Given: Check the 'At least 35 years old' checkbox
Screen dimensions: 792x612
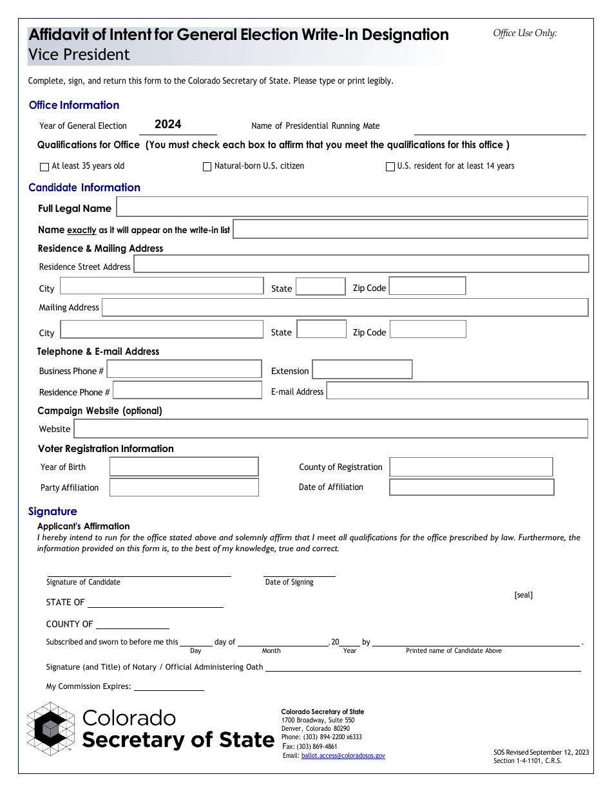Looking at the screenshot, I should [44, 167].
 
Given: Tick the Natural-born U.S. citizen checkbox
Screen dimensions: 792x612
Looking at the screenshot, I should [207, 167].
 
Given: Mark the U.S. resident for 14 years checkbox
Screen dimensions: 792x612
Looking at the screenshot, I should [390, 167].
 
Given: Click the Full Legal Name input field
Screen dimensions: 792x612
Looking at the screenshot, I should [352, 207].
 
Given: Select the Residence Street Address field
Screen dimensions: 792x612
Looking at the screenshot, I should [361, 264].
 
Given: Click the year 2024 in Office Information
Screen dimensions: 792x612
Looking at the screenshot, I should [167, 124].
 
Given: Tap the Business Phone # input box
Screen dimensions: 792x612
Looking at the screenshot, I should [184, 369].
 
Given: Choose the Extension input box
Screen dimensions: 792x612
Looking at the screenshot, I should [362, 370].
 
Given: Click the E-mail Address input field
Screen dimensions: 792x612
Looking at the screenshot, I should [457, 390].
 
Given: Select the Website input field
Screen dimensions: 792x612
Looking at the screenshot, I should [330, 429].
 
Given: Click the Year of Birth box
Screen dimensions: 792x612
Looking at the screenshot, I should [184, 467].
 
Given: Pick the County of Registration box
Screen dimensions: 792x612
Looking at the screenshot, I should [471, 467].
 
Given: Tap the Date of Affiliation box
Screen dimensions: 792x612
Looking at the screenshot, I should [472, 487].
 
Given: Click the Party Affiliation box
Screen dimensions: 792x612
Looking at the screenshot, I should [184, 487].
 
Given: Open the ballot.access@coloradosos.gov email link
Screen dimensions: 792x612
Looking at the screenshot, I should [343, 756].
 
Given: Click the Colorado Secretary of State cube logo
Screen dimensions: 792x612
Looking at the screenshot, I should [51, 729].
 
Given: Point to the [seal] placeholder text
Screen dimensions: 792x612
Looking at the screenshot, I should [523, 595].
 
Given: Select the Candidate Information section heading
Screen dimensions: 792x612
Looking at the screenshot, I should [84, 187].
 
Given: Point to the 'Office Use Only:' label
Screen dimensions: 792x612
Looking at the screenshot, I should [525, 33].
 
